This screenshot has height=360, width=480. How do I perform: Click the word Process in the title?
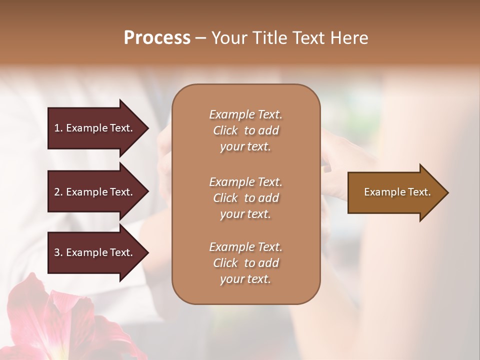pyautogui.click(x=157, y=38)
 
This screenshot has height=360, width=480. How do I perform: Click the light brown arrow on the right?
pyautogui.click(x=395, y=192)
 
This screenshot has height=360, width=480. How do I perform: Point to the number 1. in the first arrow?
pyautogui.click(x=58, y=128)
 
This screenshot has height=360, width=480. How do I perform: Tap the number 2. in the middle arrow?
pyautogui.click(x=58, y=192)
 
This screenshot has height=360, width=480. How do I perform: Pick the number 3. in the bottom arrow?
pyautogui.click(x=58, y=252)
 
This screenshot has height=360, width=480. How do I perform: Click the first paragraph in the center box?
pyautogui.click(x=245, y=130)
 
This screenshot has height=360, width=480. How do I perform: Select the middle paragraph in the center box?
pyautogui.click(x=245, y=197)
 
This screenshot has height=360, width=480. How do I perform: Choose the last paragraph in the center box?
pyautogui.click(x=245, y=263)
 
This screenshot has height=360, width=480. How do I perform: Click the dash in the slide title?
pyautogui.click(x=200, y=38)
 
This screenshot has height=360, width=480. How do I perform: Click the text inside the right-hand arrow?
pyautogui.click(x=397, y=192)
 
